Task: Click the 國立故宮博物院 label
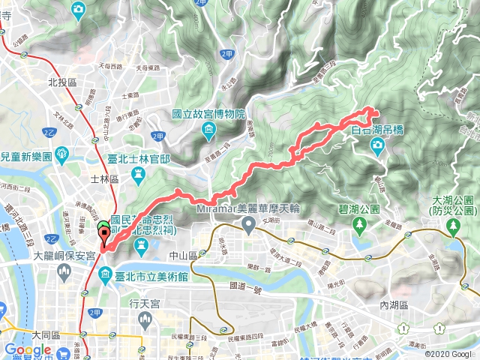208,115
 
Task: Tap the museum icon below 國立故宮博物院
208,132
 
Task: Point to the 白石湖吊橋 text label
378,130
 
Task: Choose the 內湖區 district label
394,304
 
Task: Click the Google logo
28,349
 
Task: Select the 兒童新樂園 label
25,157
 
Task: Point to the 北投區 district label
63,82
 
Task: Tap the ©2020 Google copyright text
449,354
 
